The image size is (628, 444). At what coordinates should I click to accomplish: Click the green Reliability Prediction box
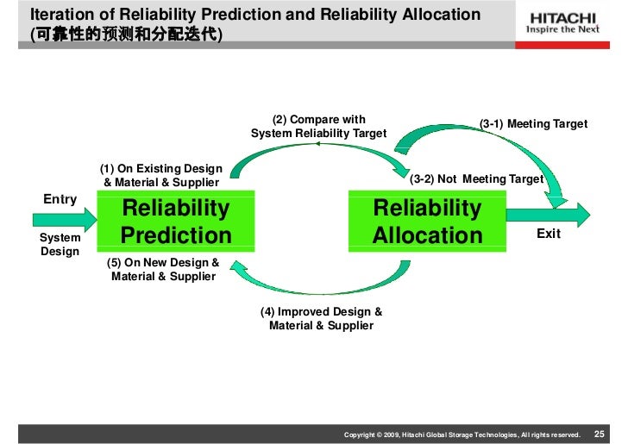tap(176, 222)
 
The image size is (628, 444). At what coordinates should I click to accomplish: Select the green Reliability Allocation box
tap(427, 222)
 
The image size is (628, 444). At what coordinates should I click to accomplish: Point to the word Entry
tap(60, 199)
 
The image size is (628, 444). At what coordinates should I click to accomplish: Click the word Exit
tap(549, 234)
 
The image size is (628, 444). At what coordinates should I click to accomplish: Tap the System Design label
tap(60, 244)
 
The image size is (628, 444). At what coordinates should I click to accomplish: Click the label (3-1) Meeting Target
tap(533, 124)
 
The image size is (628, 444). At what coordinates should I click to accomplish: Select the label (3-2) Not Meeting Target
tap(476, 179)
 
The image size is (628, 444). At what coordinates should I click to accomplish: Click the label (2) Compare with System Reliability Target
tap(318, 127)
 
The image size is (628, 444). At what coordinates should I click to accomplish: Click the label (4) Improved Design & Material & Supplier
tap(321, 318)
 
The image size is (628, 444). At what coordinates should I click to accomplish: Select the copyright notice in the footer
tap(462, 431)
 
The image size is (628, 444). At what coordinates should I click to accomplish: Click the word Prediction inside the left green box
tap(176, 235)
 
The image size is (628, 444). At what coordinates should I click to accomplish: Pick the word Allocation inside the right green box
tap(427, 235)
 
